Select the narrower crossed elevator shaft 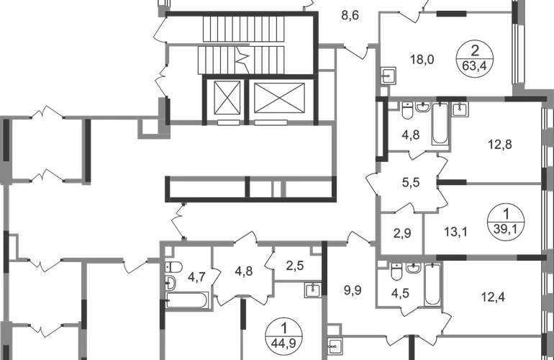click(x=227, y=99)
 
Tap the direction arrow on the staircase click(x=245, y=58)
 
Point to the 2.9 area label click(x=402, y=232)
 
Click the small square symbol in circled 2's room click(x=388, y=73)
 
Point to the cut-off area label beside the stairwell click(x=350, y=13)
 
